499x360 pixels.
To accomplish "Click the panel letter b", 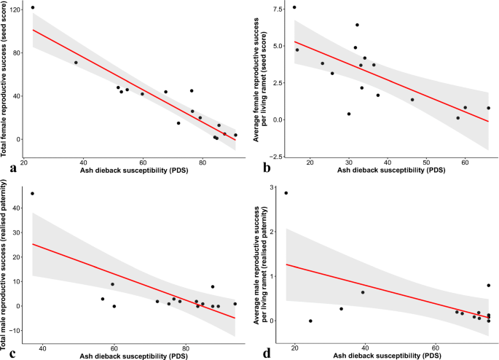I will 255,168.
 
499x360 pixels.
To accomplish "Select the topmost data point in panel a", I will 33,7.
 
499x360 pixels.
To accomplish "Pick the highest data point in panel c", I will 32,194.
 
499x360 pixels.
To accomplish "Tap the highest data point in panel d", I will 286,193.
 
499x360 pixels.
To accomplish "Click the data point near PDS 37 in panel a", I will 76,63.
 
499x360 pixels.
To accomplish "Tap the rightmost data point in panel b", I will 488,108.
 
